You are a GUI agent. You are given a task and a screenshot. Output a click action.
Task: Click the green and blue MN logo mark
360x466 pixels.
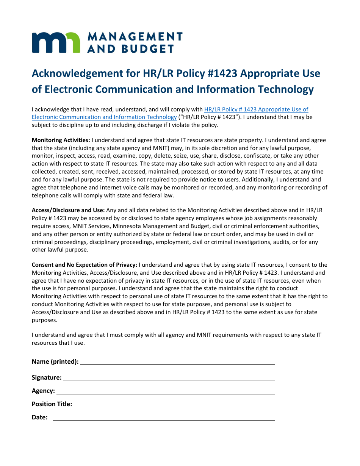(56, 42)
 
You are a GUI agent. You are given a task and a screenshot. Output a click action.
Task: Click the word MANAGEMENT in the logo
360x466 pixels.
(135, 36)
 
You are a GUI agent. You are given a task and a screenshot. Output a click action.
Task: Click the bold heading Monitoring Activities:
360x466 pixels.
(61, 140)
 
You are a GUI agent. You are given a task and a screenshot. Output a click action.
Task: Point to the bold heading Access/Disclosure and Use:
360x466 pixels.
(68, 210)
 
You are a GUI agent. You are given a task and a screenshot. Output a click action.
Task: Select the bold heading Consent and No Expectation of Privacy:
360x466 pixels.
(84, 265)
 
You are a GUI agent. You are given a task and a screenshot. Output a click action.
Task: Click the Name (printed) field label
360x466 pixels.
(55, 361)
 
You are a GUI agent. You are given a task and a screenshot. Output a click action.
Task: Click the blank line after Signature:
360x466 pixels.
(169, 378)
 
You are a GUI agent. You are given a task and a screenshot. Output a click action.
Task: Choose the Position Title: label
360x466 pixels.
(52, 404)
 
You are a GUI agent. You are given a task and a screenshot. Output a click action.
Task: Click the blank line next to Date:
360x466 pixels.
(164, 418)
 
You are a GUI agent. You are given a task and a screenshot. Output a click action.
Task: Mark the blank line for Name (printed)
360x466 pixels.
(177, 363)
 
